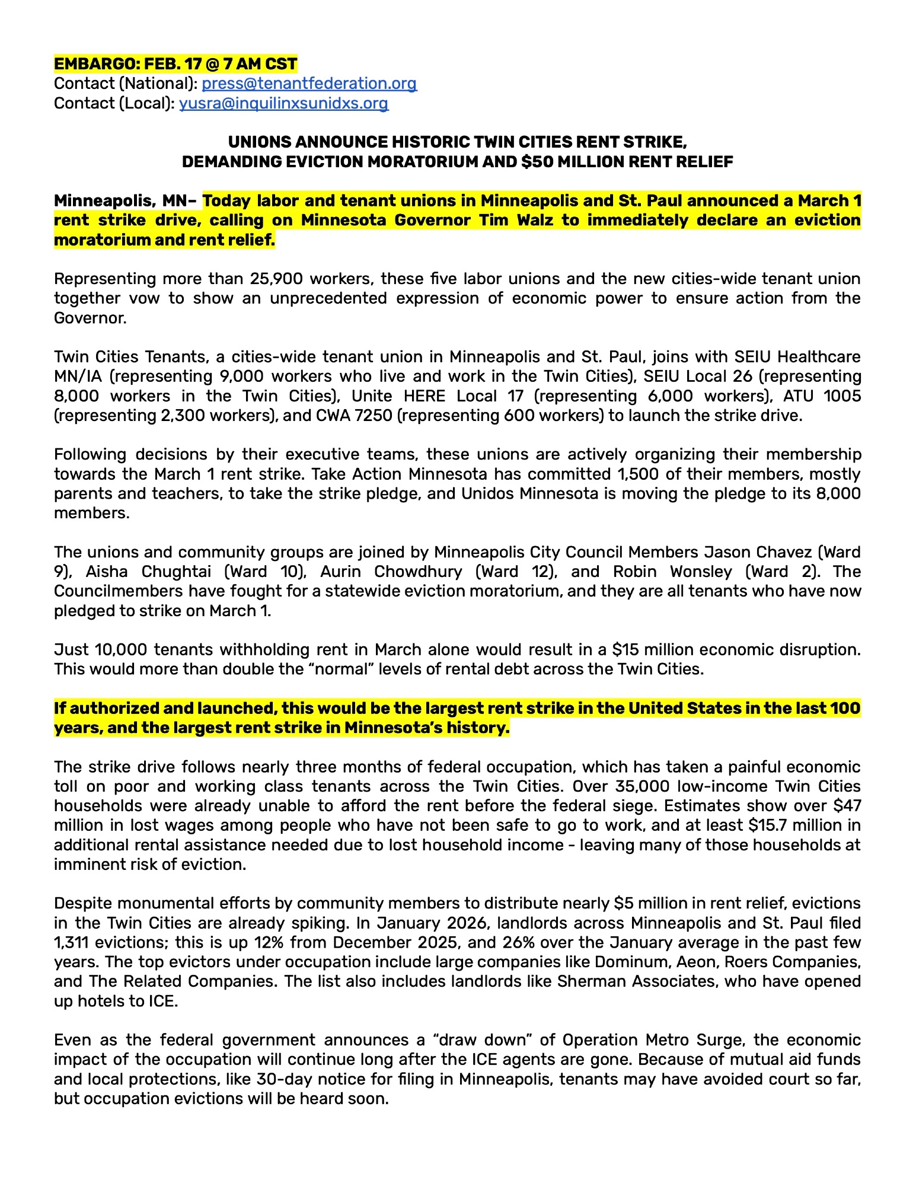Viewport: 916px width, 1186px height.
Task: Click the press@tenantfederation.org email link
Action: coord(309,84)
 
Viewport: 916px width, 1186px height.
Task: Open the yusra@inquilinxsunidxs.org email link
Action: coord(283,104)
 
